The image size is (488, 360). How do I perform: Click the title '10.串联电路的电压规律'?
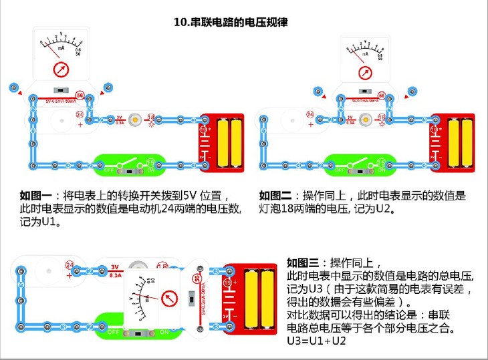(x=231, y=22)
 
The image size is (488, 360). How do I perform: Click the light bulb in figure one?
(x=134, y=118)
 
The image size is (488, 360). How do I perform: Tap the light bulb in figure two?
(x=364, y=119)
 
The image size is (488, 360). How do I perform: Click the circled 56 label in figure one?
(x=80, y=96)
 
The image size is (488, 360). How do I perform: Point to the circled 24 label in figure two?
(x=310, y=115)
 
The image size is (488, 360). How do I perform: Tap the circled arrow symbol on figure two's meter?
(x=364, y=72)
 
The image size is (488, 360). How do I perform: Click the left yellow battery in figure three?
(x=253, y=299)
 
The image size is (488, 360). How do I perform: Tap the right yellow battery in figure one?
(x=235, y=142)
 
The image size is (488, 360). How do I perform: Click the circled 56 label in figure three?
(x=197, y=279)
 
